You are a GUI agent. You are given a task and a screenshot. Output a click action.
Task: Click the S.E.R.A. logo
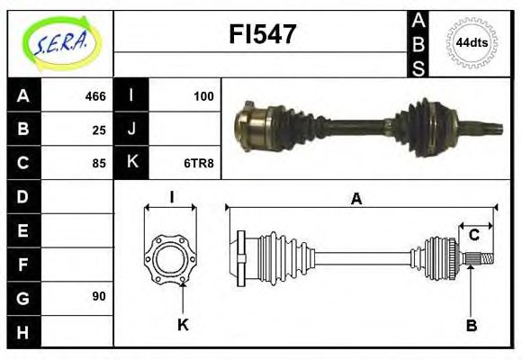(60, 42)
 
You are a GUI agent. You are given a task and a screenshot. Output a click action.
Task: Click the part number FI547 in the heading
(263, 35)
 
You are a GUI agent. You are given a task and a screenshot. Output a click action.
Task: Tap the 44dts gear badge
(472, 42)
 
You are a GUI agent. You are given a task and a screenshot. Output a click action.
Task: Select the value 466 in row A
(95, 96)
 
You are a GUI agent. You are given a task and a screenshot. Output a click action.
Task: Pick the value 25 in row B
(99, 130)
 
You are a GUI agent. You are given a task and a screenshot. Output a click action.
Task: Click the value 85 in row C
(99, 163)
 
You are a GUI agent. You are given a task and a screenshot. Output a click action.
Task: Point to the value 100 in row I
(203, 96)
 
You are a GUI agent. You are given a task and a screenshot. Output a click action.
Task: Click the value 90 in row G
(99, 296)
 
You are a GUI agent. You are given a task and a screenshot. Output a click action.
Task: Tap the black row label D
(23, 196)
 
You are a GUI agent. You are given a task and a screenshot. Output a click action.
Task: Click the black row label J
(131, 130)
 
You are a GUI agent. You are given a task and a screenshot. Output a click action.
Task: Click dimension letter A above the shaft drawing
(356, 200)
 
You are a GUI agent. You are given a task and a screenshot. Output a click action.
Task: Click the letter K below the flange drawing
(183, 325)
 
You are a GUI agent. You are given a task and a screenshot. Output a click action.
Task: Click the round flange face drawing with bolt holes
(170, 258)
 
